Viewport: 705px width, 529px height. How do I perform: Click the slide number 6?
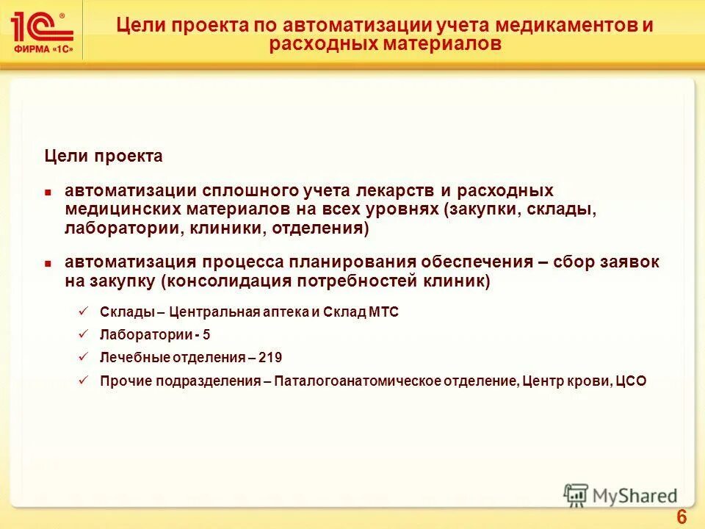(x=681, y=517)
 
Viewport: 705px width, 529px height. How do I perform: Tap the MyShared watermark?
(x=621, y=495)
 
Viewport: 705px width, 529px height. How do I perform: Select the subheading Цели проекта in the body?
(x=104, y=156)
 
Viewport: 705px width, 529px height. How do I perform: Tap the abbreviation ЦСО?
(x=632, y=381)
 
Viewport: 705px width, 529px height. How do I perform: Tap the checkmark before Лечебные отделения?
(x=83, y=357)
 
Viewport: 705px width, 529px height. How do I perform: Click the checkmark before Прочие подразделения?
(x=83, y=380)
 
